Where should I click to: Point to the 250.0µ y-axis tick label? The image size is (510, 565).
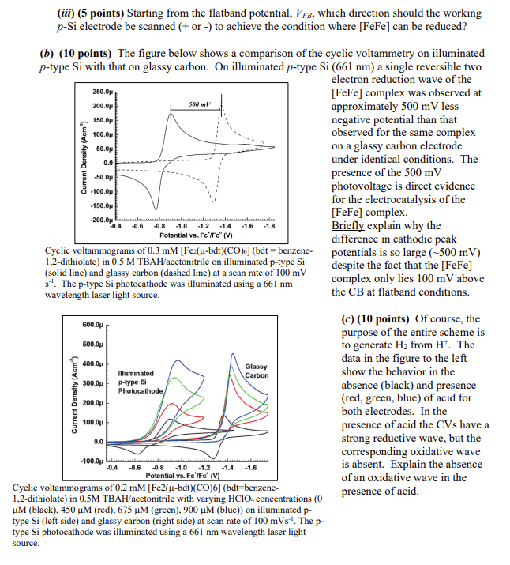(103, 91)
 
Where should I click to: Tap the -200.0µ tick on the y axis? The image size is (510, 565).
(103, 218)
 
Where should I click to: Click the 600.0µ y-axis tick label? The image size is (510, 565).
(93, 325)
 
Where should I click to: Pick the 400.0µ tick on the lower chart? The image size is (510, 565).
(93, 363)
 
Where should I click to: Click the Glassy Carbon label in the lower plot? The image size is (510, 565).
(257, 371)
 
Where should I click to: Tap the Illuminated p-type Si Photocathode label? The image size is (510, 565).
(141, 382)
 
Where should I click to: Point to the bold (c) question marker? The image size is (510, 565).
(345, 318)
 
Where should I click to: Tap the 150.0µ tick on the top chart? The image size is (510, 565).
(103, 119)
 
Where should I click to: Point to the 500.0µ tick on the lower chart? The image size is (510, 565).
(93, 344)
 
